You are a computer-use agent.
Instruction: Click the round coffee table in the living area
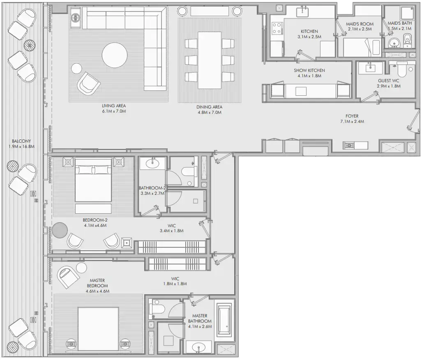(115, 55)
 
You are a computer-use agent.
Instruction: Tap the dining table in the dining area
(210, 60)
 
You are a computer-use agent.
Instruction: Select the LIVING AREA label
(114, 106)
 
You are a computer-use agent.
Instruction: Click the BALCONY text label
(21, 141)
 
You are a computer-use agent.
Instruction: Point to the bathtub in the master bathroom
(224, 320)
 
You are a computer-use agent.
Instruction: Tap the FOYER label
(352, 116)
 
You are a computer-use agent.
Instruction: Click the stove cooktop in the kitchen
(277, 28)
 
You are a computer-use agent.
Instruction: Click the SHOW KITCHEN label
(309, 70)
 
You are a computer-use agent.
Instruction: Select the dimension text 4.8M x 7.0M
(210, 112)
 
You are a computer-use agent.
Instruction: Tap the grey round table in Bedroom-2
(60, 230)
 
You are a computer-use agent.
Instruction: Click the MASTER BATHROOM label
(200, 318)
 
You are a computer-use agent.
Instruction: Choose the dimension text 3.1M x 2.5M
(309, 37)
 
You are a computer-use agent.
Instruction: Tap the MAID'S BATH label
(399, 23)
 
